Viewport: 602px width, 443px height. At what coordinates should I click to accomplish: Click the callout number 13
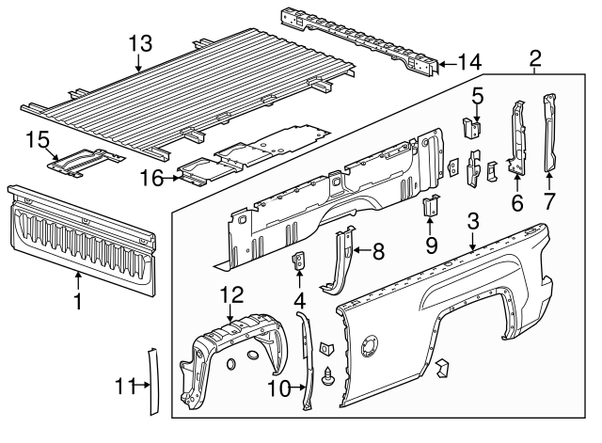(140, 44)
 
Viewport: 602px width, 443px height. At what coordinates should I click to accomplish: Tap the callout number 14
(469, 62)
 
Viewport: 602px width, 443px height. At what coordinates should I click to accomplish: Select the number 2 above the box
(535, 58)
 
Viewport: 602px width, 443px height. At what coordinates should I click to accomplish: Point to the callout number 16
(151, 178)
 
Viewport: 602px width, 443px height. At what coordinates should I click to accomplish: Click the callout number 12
(231, 294)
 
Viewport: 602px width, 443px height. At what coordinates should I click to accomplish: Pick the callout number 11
(125, 387)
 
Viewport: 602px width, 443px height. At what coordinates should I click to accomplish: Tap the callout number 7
(549, 201)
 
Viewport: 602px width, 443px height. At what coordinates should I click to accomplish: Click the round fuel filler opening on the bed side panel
(369, 346)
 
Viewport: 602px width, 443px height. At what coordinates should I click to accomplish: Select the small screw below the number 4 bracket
(328, 376)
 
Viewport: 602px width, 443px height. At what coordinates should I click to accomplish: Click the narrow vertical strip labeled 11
(153, 382)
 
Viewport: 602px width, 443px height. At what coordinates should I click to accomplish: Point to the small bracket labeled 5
(471, 128)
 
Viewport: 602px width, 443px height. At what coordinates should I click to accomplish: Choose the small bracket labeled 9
(431, 206)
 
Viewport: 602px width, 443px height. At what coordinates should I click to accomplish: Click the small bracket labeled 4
(299, 261)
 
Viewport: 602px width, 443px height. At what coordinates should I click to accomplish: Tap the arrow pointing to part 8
(361, 250)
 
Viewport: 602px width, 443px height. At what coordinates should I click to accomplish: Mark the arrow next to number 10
(297, 388)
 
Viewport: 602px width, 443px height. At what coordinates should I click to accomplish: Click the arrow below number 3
(472, 242)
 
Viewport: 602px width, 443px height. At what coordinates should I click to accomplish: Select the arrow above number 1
(78, 280)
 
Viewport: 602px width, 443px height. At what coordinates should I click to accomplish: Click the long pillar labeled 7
(549, 133)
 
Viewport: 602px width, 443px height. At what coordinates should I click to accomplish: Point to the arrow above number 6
(516, 182)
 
